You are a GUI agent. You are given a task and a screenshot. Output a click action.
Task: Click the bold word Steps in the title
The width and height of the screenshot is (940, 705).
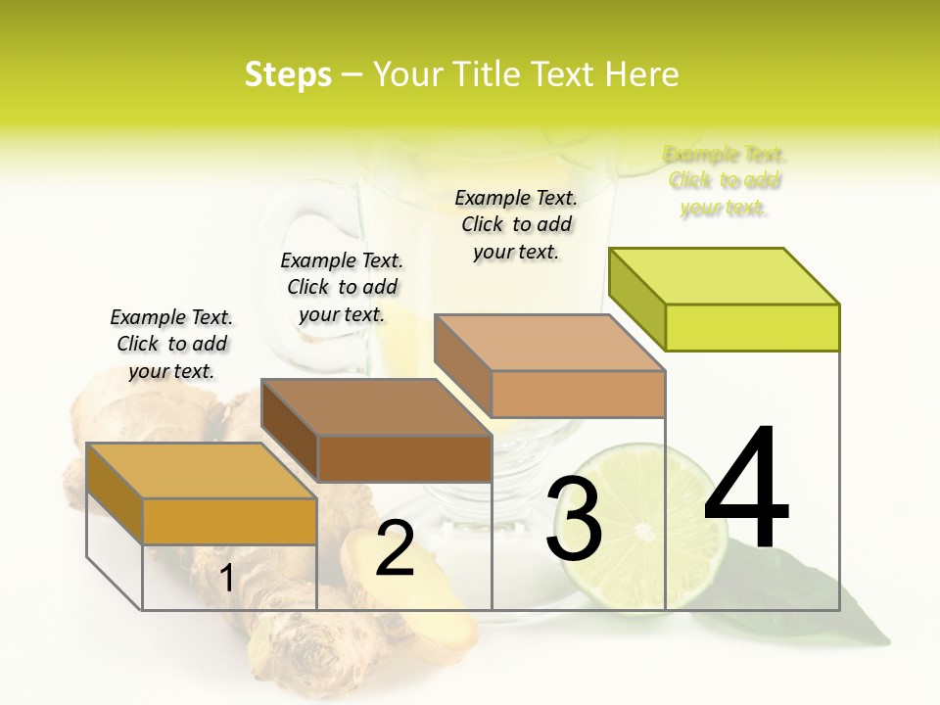288,75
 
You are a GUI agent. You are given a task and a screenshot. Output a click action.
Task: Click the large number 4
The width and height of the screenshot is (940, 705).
746,490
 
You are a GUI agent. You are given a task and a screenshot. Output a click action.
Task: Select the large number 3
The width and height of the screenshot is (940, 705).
574,519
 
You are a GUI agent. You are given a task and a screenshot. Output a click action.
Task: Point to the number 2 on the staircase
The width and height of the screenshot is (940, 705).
395,549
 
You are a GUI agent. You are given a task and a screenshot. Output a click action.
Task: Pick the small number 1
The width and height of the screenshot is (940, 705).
226,579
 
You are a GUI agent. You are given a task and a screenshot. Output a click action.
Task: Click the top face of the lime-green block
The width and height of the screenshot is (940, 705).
725,276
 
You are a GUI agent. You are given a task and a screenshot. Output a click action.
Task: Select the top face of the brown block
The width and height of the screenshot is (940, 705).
377,406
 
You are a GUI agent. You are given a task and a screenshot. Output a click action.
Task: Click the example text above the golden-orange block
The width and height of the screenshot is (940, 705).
172,345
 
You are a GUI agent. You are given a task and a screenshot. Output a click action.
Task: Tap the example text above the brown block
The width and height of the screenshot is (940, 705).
342,288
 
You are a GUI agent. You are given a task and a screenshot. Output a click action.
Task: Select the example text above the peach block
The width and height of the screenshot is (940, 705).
516,225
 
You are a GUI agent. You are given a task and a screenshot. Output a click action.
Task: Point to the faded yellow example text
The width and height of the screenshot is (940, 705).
725,181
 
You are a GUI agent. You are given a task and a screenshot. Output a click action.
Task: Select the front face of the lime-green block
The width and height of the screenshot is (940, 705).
752,327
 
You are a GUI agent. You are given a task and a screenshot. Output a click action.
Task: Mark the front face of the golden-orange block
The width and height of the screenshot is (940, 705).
230,521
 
